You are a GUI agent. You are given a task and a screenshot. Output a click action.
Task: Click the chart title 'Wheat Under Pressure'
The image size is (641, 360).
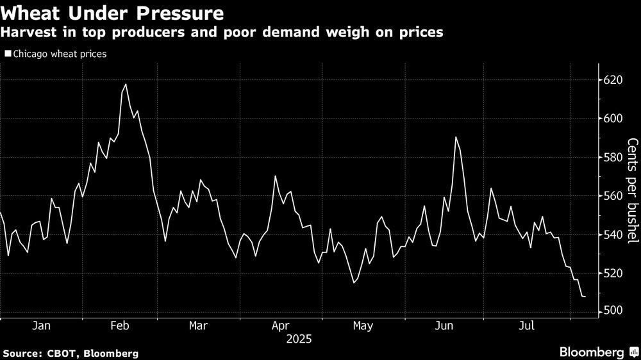(x=113, y=13)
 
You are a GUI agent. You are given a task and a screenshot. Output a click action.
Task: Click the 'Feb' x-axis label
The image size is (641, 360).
(x=121, y=326)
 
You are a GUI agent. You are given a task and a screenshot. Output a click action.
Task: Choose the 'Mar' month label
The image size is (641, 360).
(x=199, y=326)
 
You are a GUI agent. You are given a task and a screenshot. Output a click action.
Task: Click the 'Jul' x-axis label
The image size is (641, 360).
(x=526, y=326)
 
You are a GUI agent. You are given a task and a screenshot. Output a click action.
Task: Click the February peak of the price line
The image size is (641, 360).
(x=126, y=84)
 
